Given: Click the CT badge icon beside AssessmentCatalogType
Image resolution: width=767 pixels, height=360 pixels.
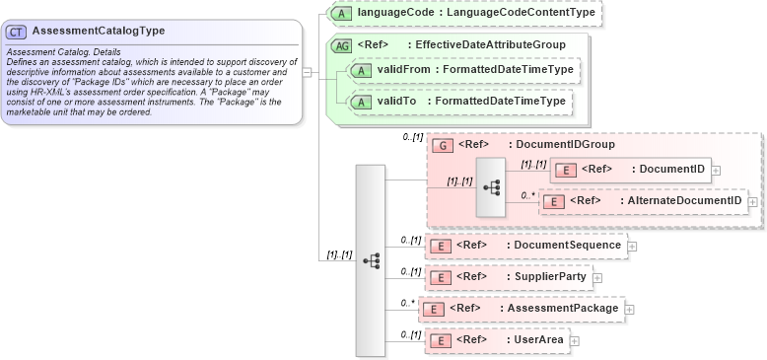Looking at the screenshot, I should [x=17, y=31].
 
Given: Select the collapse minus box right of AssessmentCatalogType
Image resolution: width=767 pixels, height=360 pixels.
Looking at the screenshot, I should [x=308, y=72].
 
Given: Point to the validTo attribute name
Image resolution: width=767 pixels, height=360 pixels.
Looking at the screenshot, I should [x=397, y=101].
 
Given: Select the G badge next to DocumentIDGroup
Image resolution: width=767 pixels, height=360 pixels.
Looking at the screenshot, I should [x=444, y=145].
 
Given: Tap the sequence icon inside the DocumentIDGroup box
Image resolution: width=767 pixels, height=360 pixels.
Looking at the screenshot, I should [x=491, y=186].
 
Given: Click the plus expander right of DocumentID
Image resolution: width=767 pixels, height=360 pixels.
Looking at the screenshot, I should [x=717, y=170].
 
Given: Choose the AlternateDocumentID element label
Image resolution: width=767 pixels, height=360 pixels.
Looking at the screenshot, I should [x=680, y=201].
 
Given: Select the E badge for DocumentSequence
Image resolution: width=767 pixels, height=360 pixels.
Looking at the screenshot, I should [x=443, y=246].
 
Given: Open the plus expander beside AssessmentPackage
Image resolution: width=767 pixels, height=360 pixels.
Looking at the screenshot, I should [x=629, y=309].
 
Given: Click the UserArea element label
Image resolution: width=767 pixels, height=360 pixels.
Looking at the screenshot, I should [x=539, y=340].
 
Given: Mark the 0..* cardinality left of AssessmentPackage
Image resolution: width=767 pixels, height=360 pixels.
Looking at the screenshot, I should [x=405, y=303].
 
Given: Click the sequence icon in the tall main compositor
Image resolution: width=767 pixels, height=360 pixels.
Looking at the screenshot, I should [x=371, y=260].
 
